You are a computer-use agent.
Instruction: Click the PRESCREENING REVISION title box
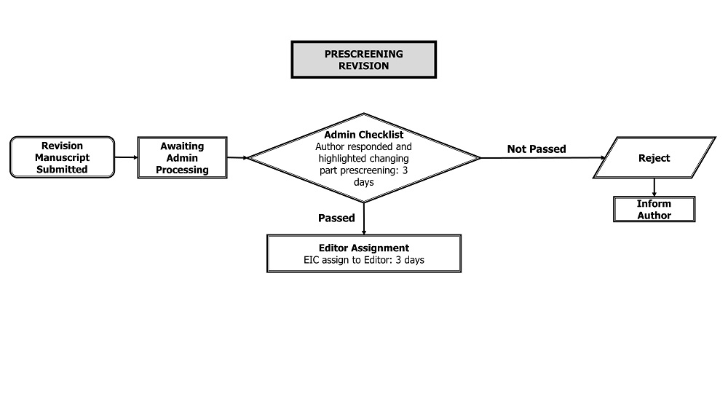click(363, 60)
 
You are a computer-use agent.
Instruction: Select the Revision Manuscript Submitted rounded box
click(62, 157)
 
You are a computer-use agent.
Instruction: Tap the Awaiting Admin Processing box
click(182, 157)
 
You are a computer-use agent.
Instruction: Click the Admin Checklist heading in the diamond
click(363, 135)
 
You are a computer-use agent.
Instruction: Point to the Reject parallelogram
click(654, 157)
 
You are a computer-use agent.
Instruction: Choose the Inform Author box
click(654, 209)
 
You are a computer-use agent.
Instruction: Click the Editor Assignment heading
click(363, 248)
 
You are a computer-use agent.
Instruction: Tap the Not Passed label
click(537, 149)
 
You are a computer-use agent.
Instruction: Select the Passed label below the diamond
click(336, 218)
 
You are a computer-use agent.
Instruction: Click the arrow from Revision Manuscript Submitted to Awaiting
click(126, 157)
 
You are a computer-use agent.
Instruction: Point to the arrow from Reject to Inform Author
click(654, 187)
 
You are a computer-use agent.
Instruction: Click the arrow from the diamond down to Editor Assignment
click(363, 218)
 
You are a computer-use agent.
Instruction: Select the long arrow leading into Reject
click(543, 158)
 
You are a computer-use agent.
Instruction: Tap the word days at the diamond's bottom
click(363, 182)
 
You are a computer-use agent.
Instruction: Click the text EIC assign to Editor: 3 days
click(363, 260)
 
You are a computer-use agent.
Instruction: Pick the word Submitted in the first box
click(62, 170)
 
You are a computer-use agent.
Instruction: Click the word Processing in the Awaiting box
click(182, 170)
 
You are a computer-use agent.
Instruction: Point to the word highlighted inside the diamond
click(342, 159)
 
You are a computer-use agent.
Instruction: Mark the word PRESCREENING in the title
click(363, 54)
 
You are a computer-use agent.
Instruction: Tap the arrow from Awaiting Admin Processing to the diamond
click(238, 158)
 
